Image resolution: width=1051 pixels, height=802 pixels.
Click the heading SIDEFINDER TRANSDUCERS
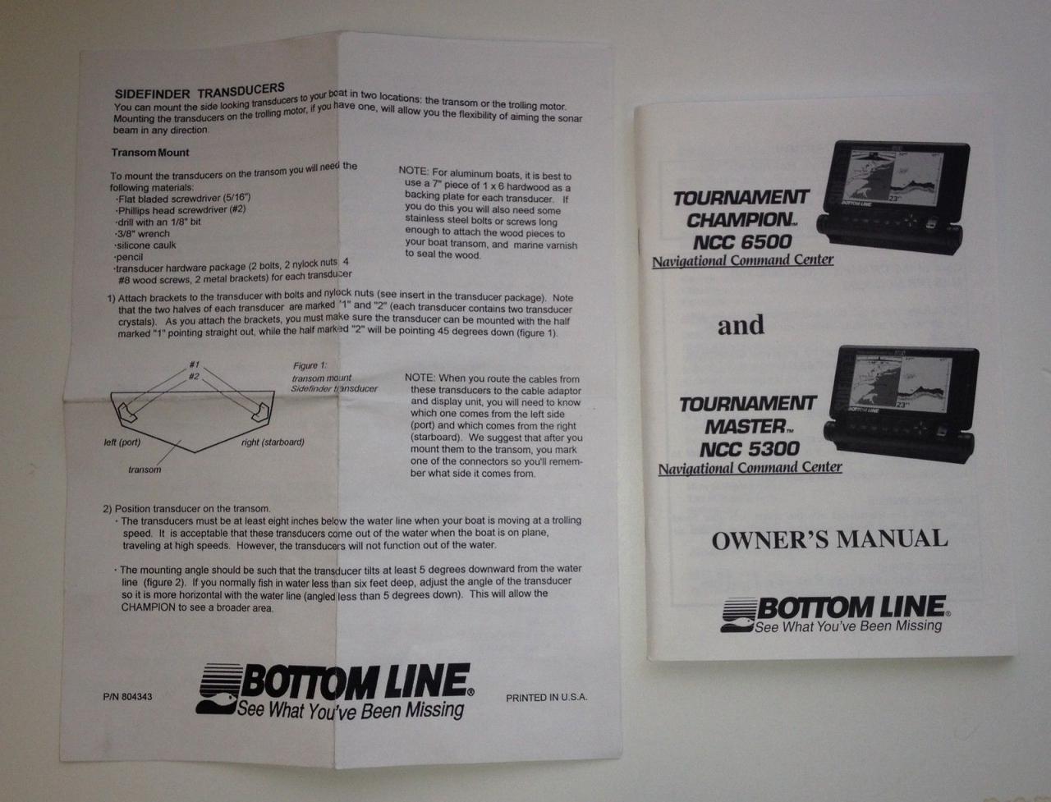(x=200, y=90)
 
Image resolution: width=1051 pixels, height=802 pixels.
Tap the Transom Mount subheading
(x=150, y=153)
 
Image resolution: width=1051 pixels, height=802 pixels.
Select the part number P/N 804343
(x=127, y=697)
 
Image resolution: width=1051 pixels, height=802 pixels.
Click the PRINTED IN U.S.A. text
(x=547, y=698)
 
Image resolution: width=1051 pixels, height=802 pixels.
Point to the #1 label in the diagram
(x=194, y=364)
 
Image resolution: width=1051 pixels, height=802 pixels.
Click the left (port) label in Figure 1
(x=122, y=442)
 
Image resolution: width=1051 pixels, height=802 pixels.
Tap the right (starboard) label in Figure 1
(x=273, y=442)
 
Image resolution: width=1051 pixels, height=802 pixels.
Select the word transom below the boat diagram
(x=145, y=470)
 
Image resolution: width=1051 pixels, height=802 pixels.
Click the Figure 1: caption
(x=310, y=365)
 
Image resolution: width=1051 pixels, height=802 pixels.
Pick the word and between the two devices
(x=741, y=325)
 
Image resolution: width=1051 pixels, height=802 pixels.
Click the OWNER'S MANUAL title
(x=829, y=540)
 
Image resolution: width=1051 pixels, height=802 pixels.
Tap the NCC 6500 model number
(x=742, y=242)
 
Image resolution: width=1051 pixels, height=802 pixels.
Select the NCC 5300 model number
(x=750, y=449)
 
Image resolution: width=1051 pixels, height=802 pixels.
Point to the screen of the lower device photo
(x=901, y=382)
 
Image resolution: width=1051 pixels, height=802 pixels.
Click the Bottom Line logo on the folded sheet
(x=335, y=691)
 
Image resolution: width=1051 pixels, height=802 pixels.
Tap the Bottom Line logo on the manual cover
(x=836, y=614)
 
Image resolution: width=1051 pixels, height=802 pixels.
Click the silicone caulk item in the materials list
(x=145, y=245)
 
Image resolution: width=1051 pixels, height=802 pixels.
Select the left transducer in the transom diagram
(x=127, y=413)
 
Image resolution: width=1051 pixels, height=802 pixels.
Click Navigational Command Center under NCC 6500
(x=742, y=261)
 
